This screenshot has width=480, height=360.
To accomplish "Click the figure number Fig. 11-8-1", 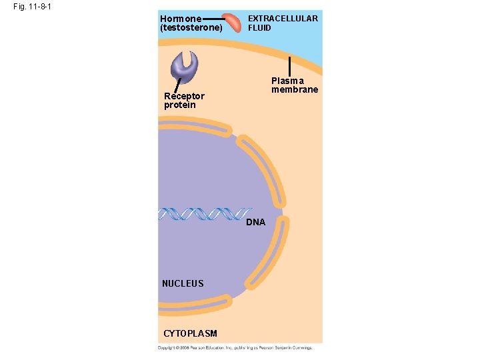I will (31, 7).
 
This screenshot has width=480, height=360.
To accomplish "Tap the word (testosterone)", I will (190, 28).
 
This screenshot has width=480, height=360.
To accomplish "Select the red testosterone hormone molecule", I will (233, 23).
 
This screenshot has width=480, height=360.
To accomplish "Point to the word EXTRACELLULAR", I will (283, 19).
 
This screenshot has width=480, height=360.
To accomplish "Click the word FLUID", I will (260, 28).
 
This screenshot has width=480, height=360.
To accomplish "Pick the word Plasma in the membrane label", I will (287, 80).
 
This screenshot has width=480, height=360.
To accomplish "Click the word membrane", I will (294, 89).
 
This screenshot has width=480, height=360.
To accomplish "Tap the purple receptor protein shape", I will (185, 63).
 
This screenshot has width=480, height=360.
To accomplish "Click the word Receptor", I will (184, 96).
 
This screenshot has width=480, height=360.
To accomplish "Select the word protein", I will (180, 105).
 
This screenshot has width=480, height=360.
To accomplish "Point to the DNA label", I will (255, 222).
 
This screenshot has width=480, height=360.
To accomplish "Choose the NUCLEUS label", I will (183, 283).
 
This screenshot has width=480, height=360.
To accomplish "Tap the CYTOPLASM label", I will (190, 333).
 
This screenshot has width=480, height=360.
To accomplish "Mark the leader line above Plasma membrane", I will (290, 65).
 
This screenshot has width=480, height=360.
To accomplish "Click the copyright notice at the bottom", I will (235, 347).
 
